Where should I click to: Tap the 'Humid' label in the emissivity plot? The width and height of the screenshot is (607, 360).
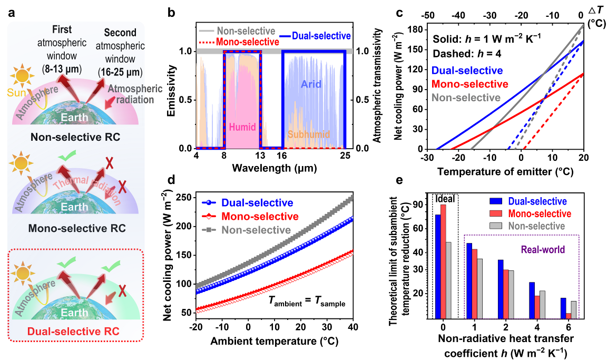click(x=243, y=127)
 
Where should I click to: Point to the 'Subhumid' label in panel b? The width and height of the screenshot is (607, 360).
click(x=308, y=134)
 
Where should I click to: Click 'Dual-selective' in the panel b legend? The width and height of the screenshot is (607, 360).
click(x=322, y=36)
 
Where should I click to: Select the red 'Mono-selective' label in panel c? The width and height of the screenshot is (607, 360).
click(x=469, y=84)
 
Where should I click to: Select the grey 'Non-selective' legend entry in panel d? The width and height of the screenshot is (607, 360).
click(x=256, y=230)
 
